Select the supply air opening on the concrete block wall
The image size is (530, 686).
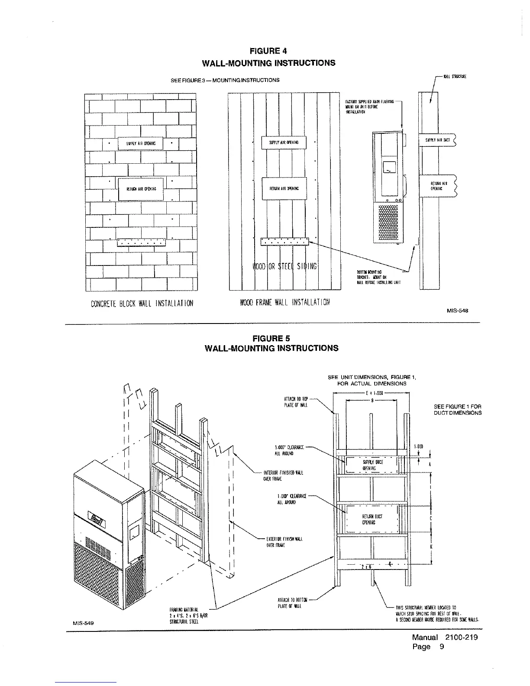tap(141, 143)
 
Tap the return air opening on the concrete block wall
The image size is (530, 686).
tap(141, 189)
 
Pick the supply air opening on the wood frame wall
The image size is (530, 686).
tap(284, 142)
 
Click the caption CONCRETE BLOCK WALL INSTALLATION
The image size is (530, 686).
tap(142, 303)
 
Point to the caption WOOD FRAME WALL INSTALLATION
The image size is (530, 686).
tap(284, 302)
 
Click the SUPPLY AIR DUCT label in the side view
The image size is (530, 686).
tap(438, 140)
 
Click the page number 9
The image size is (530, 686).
tap(442, 647)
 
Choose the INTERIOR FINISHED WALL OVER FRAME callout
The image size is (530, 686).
tap(283, 476)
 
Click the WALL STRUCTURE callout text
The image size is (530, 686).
tap(454, 77)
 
